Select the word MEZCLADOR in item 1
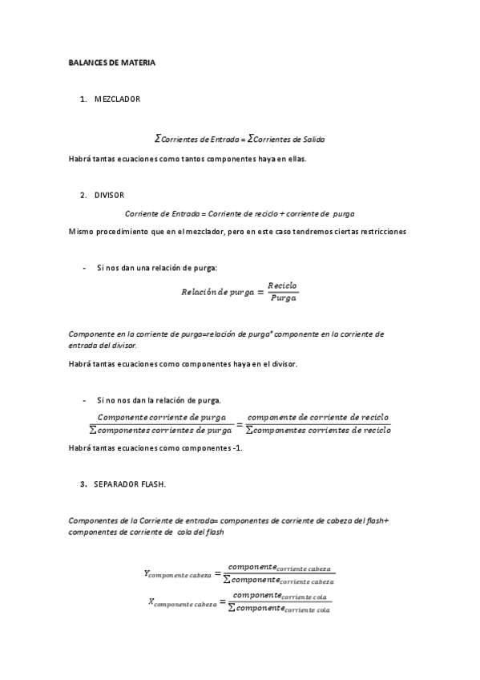[117, 99]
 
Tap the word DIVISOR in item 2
[109, 195]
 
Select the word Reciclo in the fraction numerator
[283, 285]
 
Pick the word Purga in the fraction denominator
[284, 298]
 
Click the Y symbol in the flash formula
[147, 573]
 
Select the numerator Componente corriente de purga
[161, 417]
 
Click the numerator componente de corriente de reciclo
[318, 417]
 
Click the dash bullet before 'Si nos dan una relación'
[84, 268]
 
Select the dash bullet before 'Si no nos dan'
[84, 399]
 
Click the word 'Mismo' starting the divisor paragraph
[80, 232]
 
